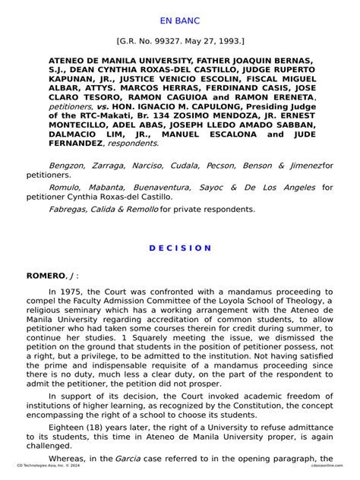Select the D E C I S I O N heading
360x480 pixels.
[180, 248]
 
